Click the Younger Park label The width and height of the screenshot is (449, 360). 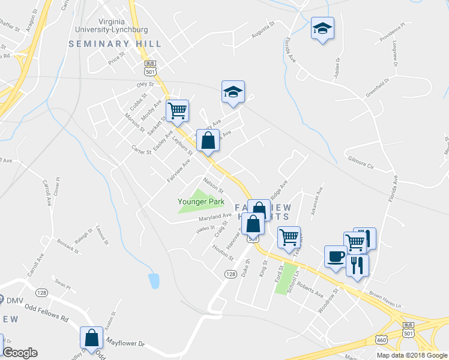click(200, 202)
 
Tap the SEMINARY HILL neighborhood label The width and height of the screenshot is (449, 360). click(115, 44)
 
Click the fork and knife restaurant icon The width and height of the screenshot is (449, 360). click(358, 265)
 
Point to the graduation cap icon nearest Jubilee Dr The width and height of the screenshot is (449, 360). click(322, 28)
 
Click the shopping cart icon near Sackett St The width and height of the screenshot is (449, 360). click(177, 110)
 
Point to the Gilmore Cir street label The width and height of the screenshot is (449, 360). click(360, 162)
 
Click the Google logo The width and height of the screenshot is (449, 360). click(20, 353)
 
